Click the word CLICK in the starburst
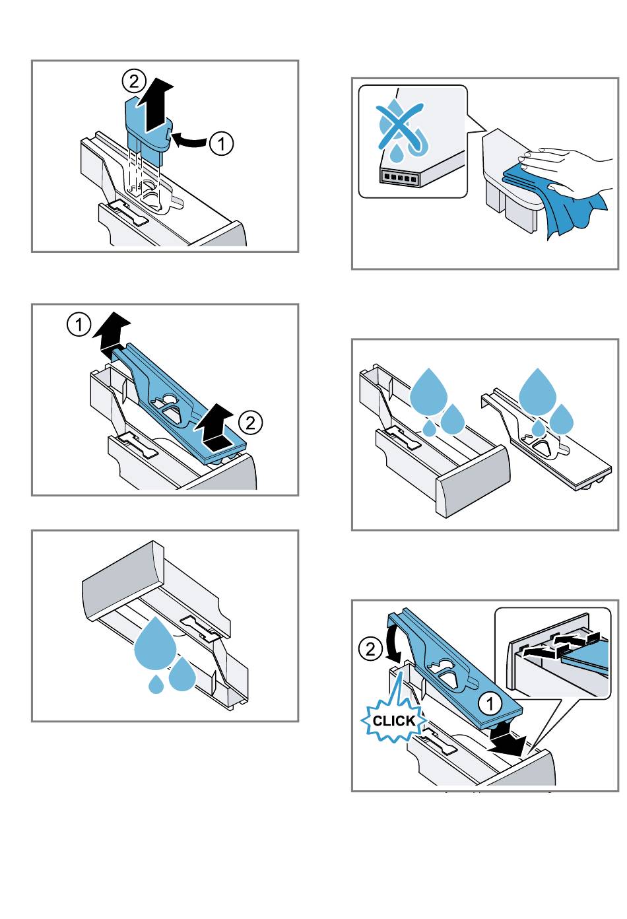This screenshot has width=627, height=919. (x=393, y=721)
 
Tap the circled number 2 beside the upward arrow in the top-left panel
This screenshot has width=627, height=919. (x=134, y=82)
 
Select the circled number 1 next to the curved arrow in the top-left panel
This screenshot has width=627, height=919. (x=222, y=144)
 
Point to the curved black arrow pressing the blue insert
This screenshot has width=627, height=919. (x=189, y=141)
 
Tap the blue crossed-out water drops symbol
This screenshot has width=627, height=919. (x=399, y=129)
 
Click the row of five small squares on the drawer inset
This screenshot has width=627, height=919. (x=399, y=178)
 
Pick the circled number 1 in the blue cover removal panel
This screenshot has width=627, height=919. (x=79, y=325)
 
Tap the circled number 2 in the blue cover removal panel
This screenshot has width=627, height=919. (x=251, y=422)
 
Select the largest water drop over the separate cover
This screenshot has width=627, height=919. (x=538, y=387)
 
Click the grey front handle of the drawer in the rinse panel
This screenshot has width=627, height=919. (x=475, y=482)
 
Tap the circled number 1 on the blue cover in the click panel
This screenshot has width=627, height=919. (x=490, y=703)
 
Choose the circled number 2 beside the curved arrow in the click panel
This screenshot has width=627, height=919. (x=370, y=649)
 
